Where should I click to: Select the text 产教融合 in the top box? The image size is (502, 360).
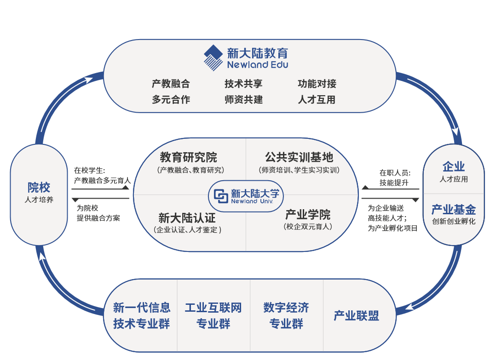tap(171, 84)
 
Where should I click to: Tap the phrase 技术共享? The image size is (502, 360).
tap(243, 84)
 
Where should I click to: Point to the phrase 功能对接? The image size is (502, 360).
tap(317, 84)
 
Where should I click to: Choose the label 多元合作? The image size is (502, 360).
tap(171, 99)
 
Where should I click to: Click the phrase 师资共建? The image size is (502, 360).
tap(243, 99)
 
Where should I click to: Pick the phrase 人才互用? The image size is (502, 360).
tap(317, 99)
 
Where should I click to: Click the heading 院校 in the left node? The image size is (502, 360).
tap(39, 188)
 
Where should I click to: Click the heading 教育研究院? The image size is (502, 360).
tap(189, 157)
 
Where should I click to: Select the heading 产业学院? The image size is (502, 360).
tap(308, 214)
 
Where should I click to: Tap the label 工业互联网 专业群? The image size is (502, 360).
tap(213, 315)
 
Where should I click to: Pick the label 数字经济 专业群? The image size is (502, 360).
tap(286, 315)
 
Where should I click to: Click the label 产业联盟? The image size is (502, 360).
tap(356, 316)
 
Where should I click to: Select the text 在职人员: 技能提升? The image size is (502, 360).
tap(394, 178)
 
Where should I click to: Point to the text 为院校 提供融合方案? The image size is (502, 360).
tap(98, 213)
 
